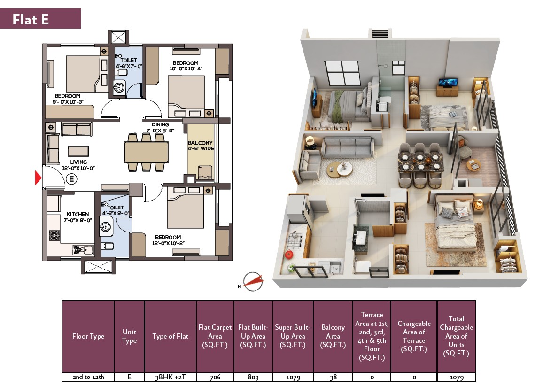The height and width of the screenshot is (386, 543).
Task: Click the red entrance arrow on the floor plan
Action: coord(38,178)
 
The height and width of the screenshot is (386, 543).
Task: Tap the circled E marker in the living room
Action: coord(71,179)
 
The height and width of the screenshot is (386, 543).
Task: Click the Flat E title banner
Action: coord(40,19)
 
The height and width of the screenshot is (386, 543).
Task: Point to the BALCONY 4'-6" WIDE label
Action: coord(201,146)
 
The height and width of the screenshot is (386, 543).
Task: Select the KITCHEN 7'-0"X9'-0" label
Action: coord(78,217)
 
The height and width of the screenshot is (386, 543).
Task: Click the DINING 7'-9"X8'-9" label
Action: coord(160,127)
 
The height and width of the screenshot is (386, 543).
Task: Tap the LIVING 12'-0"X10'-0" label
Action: coord(78,165)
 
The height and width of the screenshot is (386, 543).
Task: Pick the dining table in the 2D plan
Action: coord(146,152)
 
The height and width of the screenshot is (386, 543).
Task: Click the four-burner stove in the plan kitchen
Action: coord(54,235)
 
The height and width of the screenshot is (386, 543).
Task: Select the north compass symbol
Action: coord(253,281)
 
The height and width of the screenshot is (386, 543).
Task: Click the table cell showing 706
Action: coord(215,377)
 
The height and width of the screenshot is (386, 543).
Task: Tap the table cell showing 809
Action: coord(253,377)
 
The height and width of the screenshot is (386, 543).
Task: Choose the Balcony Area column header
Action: coord(333,336)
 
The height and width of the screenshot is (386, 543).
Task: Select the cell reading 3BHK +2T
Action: coord(171,377)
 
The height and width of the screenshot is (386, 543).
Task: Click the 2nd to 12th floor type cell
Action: coord(88,377)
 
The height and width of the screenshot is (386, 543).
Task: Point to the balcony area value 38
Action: coord(333,377)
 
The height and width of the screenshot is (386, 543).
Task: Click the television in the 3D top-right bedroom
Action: coord(448,82)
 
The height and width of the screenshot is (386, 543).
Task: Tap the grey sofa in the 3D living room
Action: coord(347,147)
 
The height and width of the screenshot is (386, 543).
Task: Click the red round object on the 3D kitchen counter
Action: coord(289,255)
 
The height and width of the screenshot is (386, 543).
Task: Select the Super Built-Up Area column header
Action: coord(293,336)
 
